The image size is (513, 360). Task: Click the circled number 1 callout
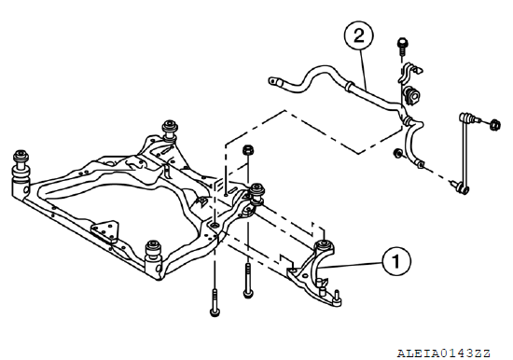(395, 261)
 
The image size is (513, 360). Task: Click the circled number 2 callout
(358, 35)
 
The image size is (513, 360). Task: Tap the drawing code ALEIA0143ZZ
(444, 353)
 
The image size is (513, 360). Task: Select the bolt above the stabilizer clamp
(402, 47)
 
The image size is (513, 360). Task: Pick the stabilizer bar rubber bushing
(411, 95)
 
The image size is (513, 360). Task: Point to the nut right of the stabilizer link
(494, 125)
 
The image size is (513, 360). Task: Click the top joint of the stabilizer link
(468, 118)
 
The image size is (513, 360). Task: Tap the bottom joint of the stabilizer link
(462, 187)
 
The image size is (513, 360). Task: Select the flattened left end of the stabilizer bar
(274, 81)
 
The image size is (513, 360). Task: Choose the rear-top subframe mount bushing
(170, 130)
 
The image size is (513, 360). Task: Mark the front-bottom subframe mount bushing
(153, 252)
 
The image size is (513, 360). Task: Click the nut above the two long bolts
(248, 151)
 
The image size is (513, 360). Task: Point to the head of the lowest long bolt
(215, 312)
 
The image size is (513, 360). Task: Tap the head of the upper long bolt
(248, 294)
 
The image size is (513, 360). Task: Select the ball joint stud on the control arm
(337, 295)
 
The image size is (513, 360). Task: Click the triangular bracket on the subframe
(104, 231)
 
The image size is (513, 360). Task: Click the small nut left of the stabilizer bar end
(398, 153)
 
